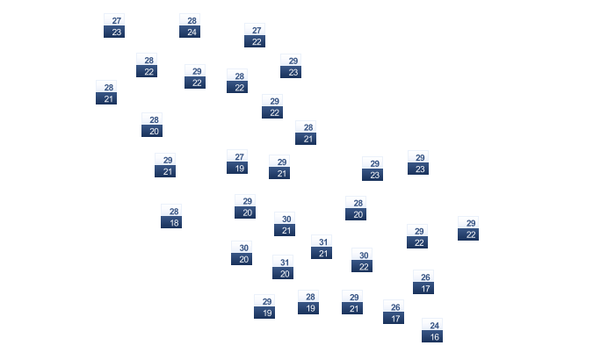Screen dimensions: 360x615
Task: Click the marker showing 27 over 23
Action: click(x=114, y=25)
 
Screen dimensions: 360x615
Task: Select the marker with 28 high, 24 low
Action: click(x=190, y=25)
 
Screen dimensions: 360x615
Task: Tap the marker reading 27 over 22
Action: click(x=255, y=35)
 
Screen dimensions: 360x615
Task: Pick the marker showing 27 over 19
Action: click(x=237, y=162)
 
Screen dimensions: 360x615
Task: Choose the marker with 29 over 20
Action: click(x=245, y=206)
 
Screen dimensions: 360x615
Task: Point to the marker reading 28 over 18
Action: click(x=171, y=216)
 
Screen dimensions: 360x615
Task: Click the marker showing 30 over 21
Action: click(x=285, y=224)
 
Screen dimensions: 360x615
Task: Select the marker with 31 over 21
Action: click(x=322, y=247)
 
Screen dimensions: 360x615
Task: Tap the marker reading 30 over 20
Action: click(x=242, y=253)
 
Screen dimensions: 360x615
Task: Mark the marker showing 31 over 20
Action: click(x=283, y=267)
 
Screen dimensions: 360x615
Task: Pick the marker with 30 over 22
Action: click(x=362, y=260)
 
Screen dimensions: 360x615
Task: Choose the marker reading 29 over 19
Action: click(x=264, y=306)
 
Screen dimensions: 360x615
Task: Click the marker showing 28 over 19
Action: click(x=308, y=302)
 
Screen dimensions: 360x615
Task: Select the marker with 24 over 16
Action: click(x=432, y=330)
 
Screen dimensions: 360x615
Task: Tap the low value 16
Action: click(x=433, y=336)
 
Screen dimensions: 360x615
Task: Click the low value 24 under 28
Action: click(x=191, y=32)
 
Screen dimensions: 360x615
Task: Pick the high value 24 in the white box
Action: click(x=433, y=325)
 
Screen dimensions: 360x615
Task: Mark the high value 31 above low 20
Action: click(x=284, y=262)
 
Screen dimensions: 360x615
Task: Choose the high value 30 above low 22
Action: click(x=363, y=255)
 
